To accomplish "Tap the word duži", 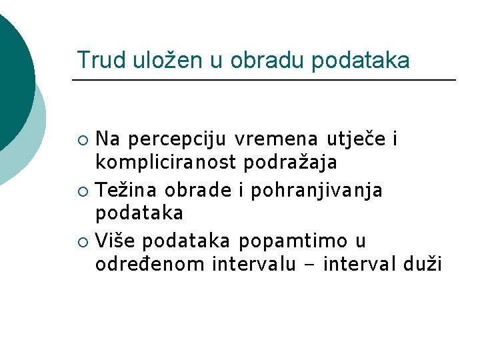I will click(x=423, y=264).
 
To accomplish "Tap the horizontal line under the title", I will click(x=263, y=81).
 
